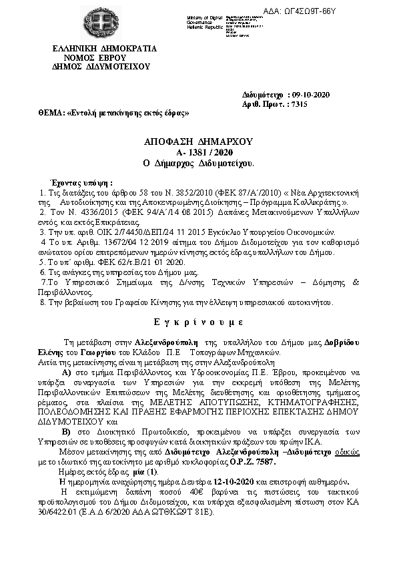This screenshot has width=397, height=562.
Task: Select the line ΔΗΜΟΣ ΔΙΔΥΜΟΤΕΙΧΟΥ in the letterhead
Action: [x=104, y=67]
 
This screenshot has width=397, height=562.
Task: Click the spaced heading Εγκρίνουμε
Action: [x=198, y=322]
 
